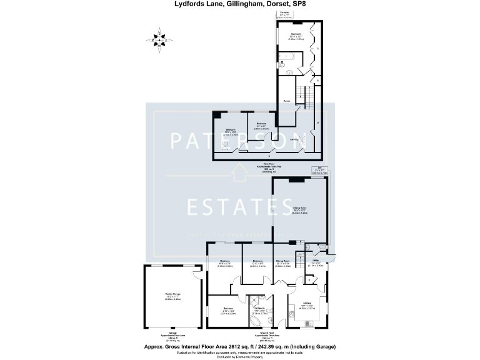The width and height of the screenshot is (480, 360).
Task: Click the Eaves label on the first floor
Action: pos(285,100)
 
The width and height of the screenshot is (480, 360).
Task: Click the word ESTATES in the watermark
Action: pos(240,207)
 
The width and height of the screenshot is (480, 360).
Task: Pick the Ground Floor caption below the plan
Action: pos(258,334)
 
